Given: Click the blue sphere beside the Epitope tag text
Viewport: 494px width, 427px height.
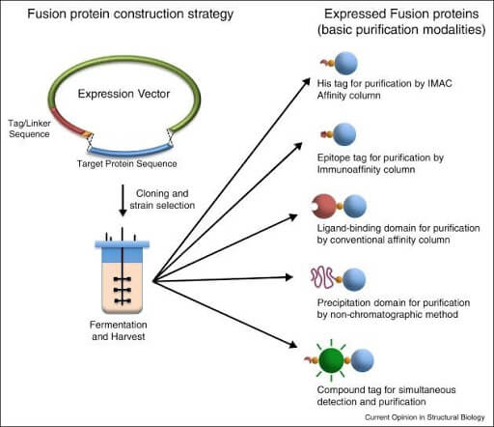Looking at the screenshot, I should pos(348,142).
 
